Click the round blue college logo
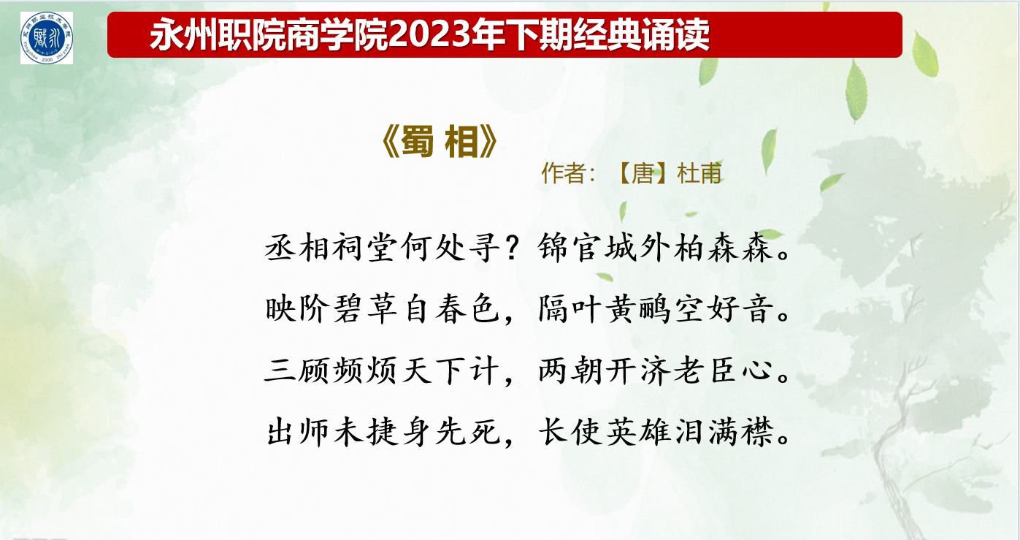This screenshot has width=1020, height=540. [x=47, y=38]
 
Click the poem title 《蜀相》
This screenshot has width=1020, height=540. [x=440, y=142]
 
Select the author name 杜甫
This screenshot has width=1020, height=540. [x=699, y=173]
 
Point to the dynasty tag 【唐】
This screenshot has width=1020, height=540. [x=643, y=173]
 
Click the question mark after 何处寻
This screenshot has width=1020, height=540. [x=513, y=248]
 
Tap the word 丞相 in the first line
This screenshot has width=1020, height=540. [x=297, y=248]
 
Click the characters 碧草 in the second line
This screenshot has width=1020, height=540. [x=365, y=309]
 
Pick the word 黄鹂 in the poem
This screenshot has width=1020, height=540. [x=637, y=309]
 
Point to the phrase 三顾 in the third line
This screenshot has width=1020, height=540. [x=297, y=370]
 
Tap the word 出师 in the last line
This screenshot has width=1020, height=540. [x=297, y=432]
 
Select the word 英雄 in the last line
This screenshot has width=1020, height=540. [x=637, y=432]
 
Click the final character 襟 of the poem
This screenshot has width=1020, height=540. [x=757, y=432]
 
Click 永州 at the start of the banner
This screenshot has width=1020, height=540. [x=183, y=34]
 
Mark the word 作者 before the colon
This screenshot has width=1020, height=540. [x=563, y=173]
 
